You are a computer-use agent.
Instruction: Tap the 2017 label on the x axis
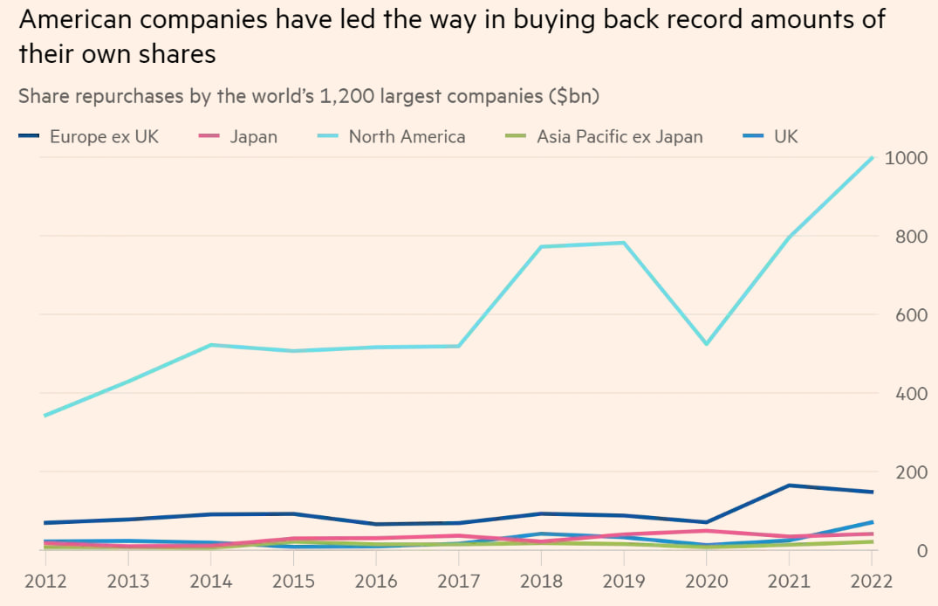458,582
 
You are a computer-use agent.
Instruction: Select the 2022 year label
871,582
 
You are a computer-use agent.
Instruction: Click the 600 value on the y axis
907,315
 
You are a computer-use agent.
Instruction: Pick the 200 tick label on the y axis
907,472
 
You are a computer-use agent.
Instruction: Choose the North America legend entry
407,136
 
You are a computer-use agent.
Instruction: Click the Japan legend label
254,136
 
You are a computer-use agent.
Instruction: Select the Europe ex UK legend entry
104,136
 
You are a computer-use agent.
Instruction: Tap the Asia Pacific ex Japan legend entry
620,136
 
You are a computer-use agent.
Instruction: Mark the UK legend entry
785,136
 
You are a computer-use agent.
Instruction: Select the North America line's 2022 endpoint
872,158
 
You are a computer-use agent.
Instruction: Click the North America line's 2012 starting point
45,416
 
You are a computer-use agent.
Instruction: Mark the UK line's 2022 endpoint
872,522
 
